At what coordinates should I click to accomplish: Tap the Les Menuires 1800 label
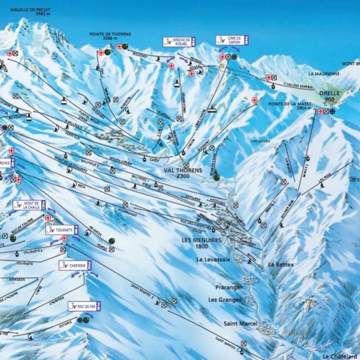click(x=201, y=243)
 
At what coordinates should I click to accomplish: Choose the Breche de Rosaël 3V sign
click(x=180, y=42)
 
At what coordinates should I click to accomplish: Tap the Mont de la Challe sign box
click(x=30, y=206)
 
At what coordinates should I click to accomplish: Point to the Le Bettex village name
click(x=281, y=265)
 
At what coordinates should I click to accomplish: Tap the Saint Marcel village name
click(x=240, y=324)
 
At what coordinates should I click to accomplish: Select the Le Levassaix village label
click(x=213, y=260)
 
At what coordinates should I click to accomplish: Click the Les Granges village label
click(x=225, y=300)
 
